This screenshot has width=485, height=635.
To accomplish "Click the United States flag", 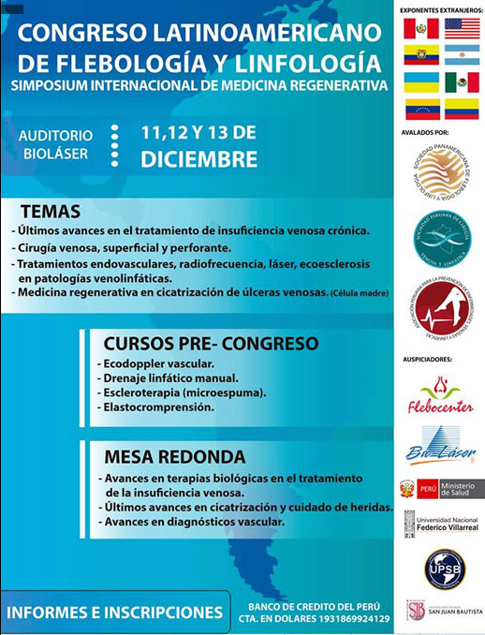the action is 462,28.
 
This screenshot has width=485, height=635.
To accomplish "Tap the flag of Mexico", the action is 462,82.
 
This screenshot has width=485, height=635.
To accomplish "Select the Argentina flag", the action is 462,55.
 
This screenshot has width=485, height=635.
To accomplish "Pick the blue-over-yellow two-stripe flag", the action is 421,82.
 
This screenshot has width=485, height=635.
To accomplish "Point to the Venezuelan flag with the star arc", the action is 421,110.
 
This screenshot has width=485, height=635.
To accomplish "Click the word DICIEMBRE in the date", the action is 198,159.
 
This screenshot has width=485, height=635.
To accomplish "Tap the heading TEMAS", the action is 51,212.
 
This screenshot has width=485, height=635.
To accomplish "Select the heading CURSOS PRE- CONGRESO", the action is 211,343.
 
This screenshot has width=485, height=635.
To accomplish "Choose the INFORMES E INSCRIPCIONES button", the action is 115,613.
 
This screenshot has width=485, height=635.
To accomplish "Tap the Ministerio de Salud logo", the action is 441,489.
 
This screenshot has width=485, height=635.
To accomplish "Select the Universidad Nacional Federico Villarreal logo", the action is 441,524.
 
